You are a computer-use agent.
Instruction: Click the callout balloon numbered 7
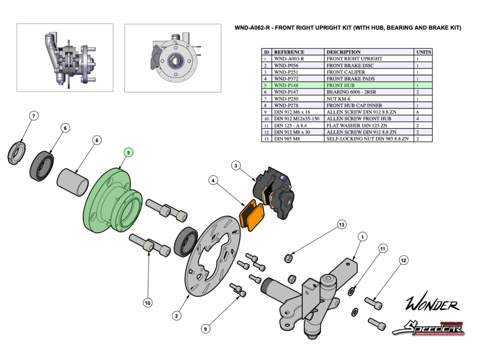click(33, 115)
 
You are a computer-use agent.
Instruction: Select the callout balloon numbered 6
click(66, 127)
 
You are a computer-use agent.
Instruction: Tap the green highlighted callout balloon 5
click(128, 152)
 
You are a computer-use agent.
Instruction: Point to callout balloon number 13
click(341, 225)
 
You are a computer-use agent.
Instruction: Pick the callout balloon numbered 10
click(147, 303)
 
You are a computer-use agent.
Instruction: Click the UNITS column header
click(423, 52)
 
